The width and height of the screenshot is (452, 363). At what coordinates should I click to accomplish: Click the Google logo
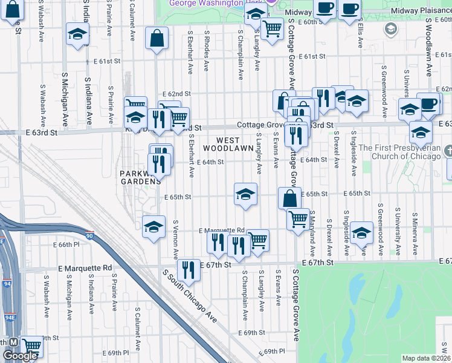point(20,356)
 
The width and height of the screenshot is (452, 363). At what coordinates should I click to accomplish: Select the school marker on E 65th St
point(246,195)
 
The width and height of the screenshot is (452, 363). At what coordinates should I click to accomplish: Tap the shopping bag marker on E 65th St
point(290,198)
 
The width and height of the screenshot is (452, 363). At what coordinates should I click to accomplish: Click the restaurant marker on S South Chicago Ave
point(189,270)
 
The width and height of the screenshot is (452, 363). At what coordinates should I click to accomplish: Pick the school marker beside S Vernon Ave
point(153,227)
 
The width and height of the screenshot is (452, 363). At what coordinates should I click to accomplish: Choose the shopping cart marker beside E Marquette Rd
point(258,240)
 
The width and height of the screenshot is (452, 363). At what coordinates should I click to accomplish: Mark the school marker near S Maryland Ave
point(361,234)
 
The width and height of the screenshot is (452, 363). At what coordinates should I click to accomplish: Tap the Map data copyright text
point(427,358)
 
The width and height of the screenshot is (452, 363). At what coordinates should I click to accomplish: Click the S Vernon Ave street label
point(176,238)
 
